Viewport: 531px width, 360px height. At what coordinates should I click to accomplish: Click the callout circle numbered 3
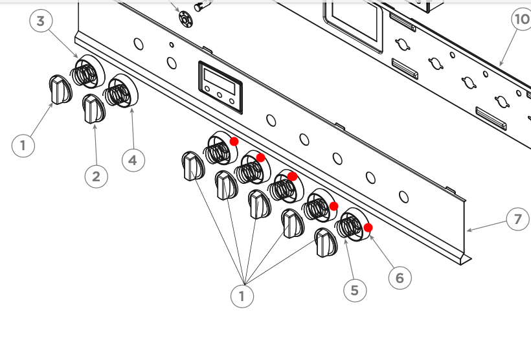[41, 21]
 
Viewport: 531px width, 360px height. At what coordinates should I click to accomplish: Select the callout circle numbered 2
[96, 176]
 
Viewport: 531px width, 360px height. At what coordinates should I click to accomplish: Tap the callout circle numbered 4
[133, 159]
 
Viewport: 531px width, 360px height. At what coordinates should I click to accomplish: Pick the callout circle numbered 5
[354, 290]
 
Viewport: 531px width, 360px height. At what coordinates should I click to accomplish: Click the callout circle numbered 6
[400, 277]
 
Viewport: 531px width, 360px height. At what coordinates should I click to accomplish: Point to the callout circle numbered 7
[517, 219]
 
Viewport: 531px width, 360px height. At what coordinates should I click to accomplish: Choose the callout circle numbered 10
[522, 19]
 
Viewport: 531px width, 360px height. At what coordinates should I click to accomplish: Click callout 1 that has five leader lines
[242, 296]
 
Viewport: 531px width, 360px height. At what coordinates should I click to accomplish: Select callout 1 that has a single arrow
[23, 145]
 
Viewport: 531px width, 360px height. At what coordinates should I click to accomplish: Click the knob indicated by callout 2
[93, 109]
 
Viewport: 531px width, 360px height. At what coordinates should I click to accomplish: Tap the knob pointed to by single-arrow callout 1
[59, 90]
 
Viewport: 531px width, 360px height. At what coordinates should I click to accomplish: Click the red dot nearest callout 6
[368, 227]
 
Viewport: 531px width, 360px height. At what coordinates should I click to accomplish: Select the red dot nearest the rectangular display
[234, 141]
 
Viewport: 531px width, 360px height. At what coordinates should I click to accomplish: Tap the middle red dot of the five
[292, 176]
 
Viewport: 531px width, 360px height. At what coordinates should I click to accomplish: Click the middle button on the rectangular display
[220, 95]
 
